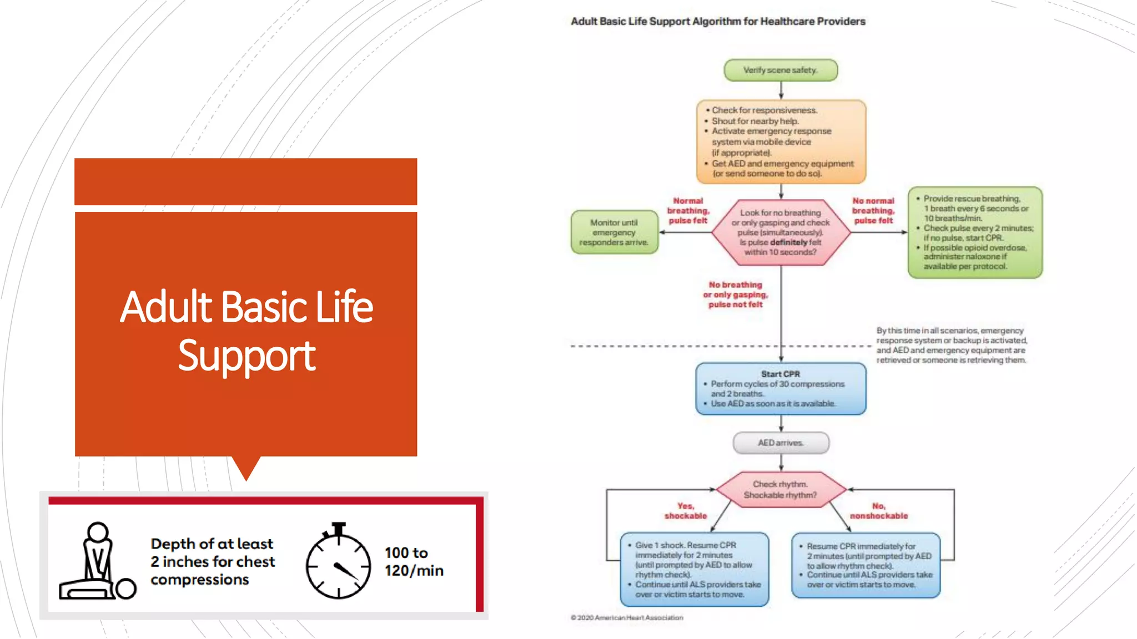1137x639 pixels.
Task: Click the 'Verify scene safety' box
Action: [780, 70]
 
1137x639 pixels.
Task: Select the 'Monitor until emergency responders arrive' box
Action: [614, 232]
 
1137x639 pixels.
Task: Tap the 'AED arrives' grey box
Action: [781, 443]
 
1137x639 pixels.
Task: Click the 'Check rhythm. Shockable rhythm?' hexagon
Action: [780, 490]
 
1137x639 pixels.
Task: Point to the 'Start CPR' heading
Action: [780, 374]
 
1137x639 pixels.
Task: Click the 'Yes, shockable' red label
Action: [686, 511]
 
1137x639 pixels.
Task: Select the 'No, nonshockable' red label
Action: [878, 511]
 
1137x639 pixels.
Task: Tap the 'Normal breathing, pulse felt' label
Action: [688, 211]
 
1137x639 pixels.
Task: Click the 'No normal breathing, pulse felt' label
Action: [873, 211]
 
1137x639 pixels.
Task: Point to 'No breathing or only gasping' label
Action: [735, 295]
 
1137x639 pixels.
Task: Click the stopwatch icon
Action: [338, 563]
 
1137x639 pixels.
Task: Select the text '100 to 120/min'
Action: [414, 561]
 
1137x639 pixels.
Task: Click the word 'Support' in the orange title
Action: [246, 356]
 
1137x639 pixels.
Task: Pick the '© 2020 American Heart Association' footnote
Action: [627, 617]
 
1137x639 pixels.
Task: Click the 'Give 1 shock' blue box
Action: [695, 569]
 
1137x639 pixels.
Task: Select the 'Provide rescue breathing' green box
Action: [975, 232]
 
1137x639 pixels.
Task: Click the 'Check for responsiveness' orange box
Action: [781, 142]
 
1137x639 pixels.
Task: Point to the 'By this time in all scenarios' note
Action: [952, 345]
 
